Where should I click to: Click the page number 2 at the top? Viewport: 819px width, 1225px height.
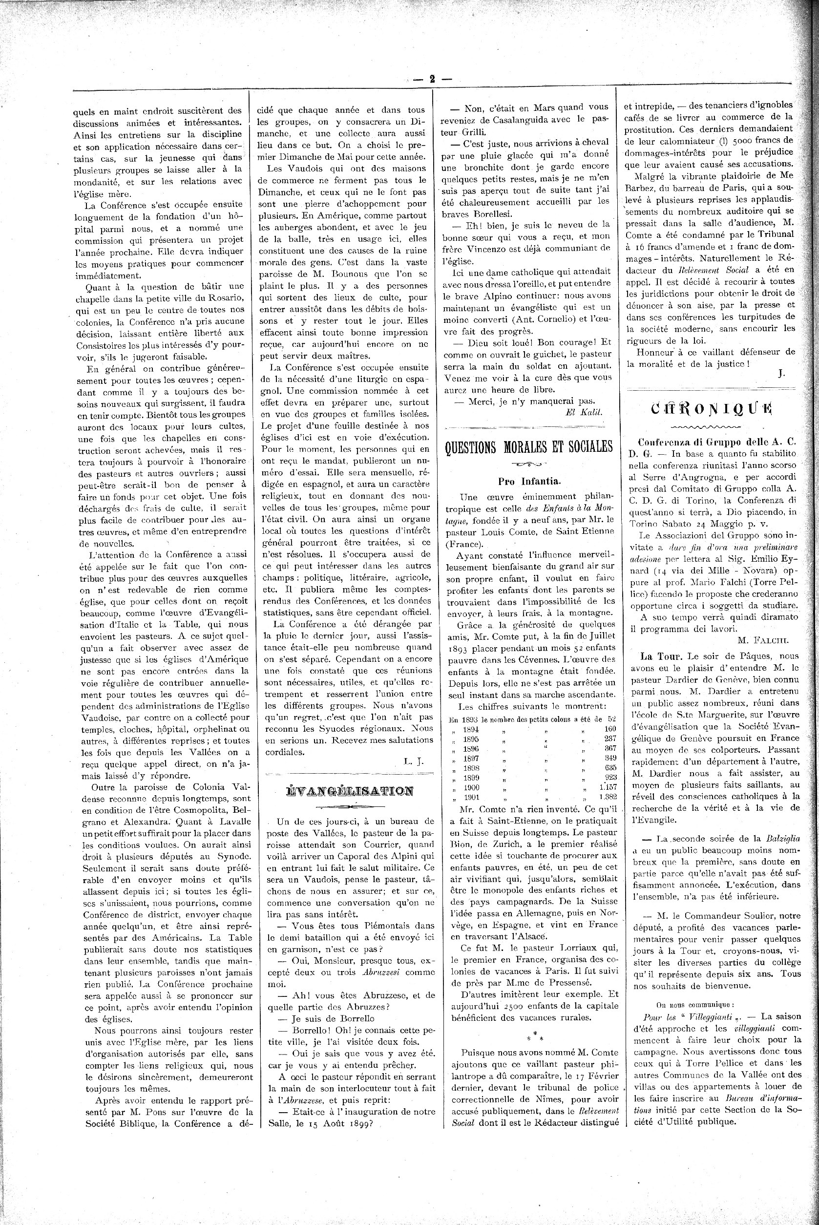click(x=432, y=80)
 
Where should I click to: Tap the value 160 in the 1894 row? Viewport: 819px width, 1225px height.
click(x=609, y=729)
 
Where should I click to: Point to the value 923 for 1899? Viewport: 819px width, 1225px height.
click(x=609, y=778)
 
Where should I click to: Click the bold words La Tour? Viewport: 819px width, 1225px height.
click(x=662, y=656)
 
